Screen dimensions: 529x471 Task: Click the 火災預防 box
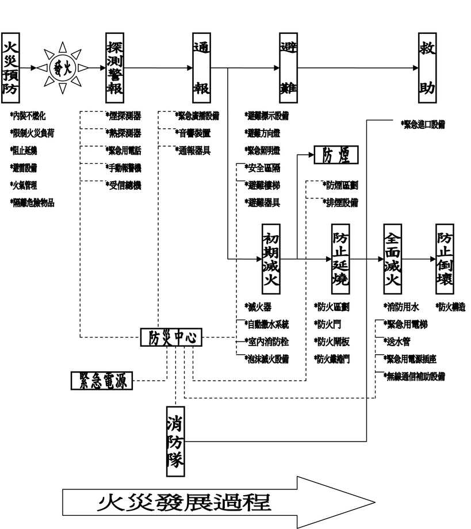click(10, 68)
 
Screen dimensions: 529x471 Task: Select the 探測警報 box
click(115, 68)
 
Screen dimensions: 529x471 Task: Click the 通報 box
click(201, 68)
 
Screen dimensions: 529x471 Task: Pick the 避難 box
click(288, 68)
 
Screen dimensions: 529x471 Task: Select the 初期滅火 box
click(270, 259)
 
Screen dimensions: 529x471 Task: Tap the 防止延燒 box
click(340, 259)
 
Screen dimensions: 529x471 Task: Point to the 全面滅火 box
click(392, 259)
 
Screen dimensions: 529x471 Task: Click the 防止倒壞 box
click(444, 259)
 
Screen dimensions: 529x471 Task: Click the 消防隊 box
click(175, 441)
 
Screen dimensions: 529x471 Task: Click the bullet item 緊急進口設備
click(424, 124)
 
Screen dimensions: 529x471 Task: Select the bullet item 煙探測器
click(123, 116)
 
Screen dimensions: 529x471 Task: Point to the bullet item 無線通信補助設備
click(415, 377)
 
